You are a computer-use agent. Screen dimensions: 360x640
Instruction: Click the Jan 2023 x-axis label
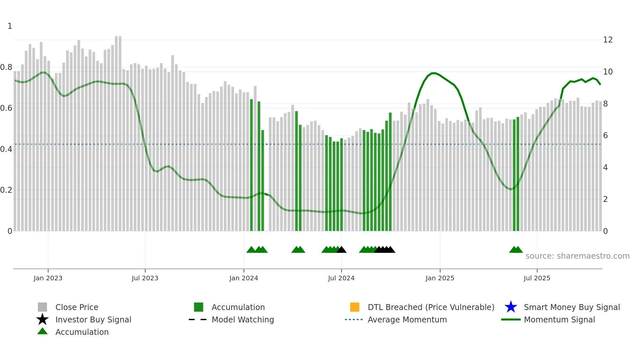(x=48, y=278)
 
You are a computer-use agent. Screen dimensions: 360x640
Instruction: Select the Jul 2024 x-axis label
(x=341, y=278)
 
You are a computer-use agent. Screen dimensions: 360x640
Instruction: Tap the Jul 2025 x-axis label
(x=537, y=278)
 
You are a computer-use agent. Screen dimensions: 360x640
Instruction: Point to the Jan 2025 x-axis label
(x=440, y=278)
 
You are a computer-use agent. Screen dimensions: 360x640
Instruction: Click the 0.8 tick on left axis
(x=6, y=67)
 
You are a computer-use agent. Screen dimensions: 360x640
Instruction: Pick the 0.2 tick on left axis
(x=6, y=190)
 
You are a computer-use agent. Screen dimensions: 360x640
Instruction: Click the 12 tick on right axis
(x=608, y=40)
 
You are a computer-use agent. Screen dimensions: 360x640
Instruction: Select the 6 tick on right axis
(x=605, y=136)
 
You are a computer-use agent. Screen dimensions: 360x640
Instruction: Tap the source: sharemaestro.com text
(x=577, y=256)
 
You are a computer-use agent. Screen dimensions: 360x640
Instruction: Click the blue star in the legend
(x=511, y=307)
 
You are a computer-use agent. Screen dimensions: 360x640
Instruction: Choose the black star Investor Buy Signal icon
(x=42, y=319)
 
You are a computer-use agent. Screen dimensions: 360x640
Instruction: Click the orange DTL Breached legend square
(x=355, y=307)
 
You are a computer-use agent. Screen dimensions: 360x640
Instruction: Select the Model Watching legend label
(x=243, y=319)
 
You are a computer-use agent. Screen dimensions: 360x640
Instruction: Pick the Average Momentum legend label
(x=407, y=319)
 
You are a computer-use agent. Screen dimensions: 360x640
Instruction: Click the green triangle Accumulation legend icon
(x=42, y=332)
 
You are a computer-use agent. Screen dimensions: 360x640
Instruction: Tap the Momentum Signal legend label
(x=559, y=319)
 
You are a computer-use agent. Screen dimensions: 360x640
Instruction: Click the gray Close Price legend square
(x=42, y=307)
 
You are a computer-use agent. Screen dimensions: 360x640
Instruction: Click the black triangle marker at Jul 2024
(x=342, y=250)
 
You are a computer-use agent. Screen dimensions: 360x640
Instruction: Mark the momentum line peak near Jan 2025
(x=434, y=73)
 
